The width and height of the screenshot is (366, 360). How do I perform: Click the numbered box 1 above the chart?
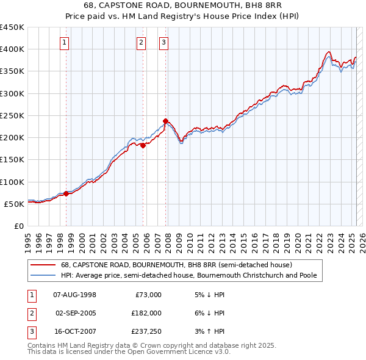tap(64, 42)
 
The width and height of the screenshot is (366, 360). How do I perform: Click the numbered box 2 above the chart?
tap(141, 42)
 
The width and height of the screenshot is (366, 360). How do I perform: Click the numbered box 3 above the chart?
tap(164, 42)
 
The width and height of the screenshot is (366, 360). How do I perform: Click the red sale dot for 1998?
tap(66, 193)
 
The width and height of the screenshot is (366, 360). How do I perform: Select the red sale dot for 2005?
tap(143, 145)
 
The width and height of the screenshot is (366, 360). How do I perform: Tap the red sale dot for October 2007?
tap(166, 121)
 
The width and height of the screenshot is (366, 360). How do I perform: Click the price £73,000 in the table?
tap(148, 295)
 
